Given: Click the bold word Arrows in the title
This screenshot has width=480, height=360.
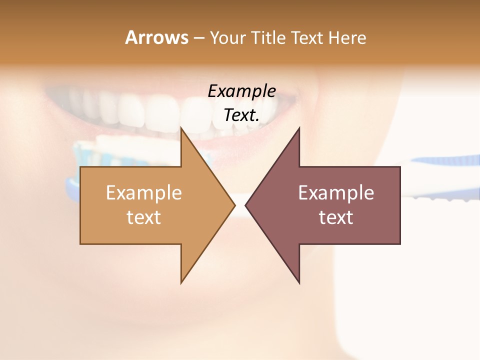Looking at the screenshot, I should click(x=156, y=38).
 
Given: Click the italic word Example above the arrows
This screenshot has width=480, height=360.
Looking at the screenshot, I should click(x=241, y=91).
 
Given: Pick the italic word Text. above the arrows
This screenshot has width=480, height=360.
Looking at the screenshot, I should click(x=241, y=115).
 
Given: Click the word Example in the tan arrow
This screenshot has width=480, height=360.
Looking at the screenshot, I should click(x=144, y=193).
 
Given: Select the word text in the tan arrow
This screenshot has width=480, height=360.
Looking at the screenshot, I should click(x=144, y=217).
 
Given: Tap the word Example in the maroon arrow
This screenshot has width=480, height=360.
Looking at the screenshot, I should click(x=336, y=193).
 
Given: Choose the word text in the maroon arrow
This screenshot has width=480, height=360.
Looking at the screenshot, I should click(x=336, y=217).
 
